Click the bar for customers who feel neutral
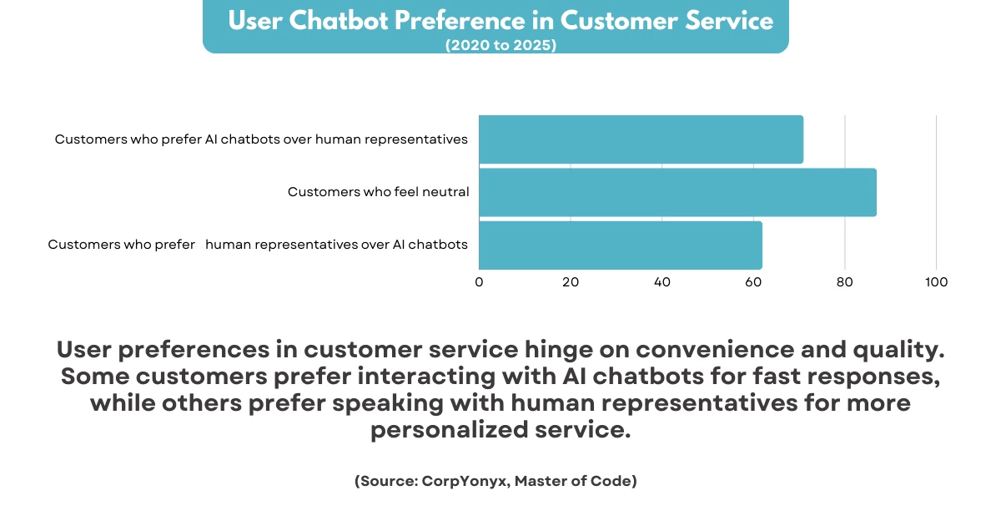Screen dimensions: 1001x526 click(x=677, y=192)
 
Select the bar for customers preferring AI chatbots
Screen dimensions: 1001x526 click(x=641, y=139)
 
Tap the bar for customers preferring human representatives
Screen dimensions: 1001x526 click(x=621, y=245)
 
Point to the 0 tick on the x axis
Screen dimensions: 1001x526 click(x=479, y=282)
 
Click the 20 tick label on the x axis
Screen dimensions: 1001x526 click(x=571, y=282)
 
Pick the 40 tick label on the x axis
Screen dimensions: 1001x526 click(x=661, y=282)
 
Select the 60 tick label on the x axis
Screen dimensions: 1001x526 click(x=753, y=282)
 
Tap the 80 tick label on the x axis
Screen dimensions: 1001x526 click(x=844, y=282)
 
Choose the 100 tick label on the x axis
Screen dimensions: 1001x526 click(x=936, y=282)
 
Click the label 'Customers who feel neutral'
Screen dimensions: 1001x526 click(x=379, y=192)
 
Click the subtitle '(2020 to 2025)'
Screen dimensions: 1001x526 click(x=501, y=45)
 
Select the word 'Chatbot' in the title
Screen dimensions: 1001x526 click(x=339, y=21)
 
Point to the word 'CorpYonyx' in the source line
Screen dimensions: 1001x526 click(x=465, y=481)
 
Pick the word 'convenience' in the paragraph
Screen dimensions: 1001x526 click(x=715, y=349)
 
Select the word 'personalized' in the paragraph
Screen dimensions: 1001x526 click(x=450, y=430)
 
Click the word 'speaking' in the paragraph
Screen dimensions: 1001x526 click(x=388, y=403)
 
